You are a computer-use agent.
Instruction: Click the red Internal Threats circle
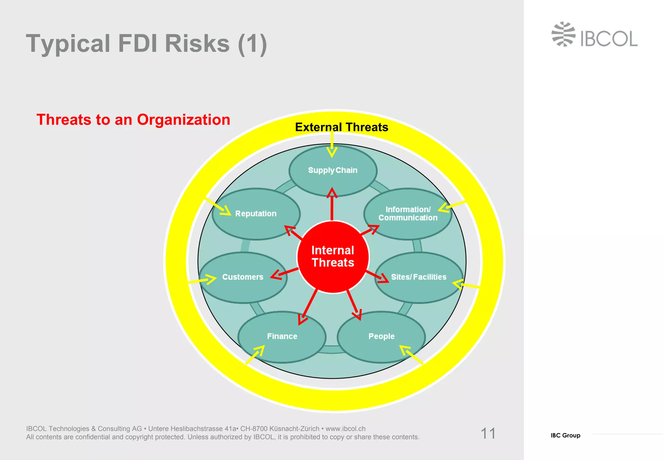click(333, 257)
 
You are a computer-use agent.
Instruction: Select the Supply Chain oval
click(333, 170)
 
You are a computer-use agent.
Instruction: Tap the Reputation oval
click(256, 214)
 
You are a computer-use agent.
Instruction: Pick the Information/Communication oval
click(408, 214)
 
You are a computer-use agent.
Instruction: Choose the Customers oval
click(243, 277)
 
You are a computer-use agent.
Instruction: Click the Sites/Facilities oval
click(419, 277)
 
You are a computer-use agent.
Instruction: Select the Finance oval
click(282, 336)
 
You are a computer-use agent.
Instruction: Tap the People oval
click(381, 336)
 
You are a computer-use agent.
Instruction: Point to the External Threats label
click(341, 127)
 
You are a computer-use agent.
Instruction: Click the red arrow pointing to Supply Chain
click(332, 204)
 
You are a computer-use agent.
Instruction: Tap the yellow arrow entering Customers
click(203, 280)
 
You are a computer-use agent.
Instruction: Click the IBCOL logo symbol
click(563, 34)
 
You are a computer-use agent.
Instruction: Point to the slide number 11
click(488, 433)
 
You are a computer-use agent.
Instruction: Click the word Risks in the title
click(197, 43)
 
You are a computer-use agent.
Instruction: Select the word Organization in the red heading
click(184, 120)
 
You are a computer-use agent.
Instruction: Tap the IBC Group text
click(565, 435)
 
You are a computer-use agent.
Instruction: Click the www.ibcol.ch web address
click(346, 429)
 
